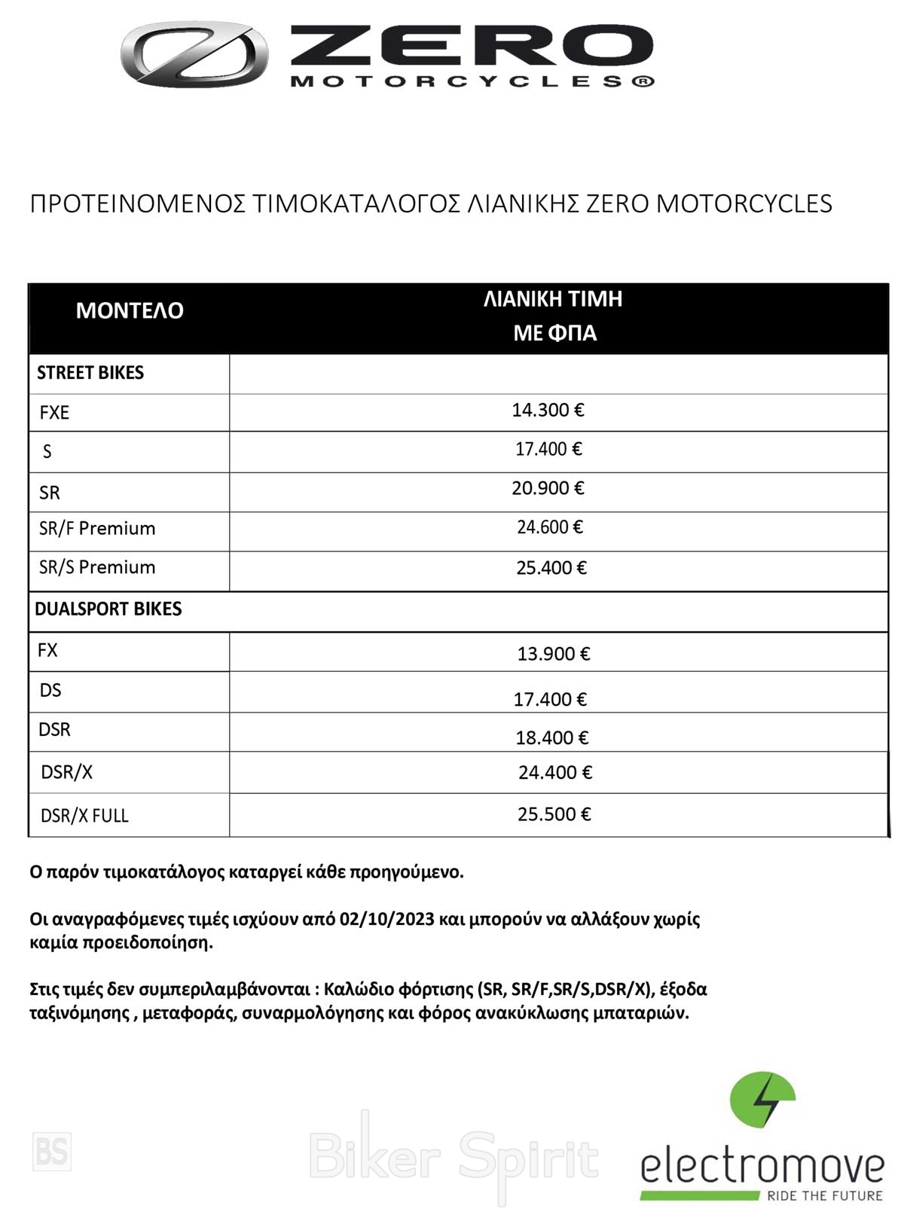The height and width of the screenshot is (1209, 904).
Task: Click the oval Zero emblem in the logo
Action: [x=194, y=54]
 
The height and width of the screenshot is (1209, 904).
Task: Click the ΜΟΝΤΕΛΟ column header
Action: [x=130, y=310]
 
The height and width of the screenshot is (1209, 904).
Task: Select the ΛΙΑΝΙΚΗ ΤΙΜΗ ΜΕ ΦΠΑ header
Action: [x=554, y=316]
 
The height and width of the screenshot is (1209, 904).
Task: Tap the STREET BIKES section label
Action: [x=90, y=373]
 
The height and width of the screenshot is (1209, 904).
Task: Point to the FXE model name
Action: [x=54, y=413]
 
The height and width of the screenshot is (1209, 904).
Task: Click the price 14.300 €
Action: [x=548, y=411]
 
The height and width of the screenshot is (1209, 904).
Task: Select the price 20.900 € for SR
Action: [x=548, y=488]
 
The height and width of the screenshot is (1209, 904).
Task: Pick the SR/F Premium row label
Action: [x=97, y=529]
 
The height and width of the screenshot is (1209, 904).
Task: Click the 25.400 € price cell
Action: [x=551, y=568]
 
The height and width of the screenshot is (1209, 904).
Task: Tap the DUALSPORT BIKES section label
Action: [x=108, y=609]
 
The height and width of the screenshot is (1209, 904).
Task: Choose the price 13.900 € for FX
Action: [x=553, y=654]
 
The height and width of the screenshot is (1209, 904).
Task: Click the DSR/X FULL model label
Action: [x=84, y=816]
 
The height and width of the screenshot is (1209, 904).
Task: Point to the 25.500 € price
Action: [x=554, y=814]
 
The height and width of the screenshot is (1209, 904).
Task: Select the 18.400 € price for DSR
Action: [x=551, y=737]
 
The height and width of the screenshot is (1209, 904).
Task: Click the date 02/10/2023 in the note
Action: [x=387, y=919]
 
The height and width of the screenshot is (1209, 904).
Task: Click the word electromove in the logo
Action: [x=762, y=1167]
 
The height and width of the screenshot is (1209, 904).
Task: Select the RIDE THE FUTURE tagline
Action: [x=824, y=1195]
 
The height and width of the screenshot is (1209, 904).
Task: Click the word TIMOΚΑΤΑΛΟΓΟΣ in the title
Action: [x=356, y=203]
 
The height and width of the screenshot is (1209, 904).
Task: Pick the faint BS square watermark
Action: [x=52, y=1152]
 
